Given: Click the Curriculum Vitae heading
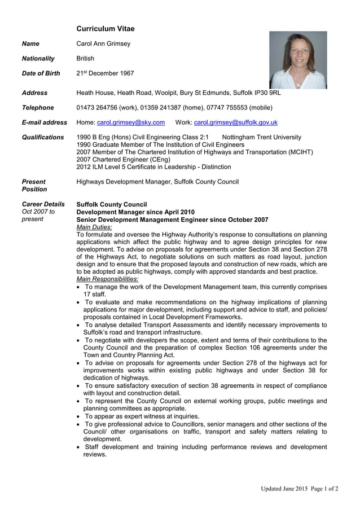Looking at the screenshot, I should [x=105, y=29].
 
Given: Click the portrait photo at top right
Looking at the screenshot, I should [x=298, y=60].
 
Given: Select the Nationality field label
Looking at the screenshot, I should [x=38, y=59].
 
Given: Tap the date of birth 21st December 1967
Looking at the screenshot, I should [x=105, y=73].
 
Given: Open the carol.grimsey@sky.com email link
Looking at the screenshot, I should [x=131, y=122].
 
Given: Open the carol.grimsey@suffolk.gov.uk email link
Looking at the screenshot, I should [x=235, y=122].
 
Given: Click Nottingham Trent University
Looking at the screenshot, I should [x=262, y=137].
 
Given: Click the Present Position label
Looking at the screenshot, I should [x=33, y=186].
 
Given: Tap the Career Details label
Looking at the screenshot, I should [x=43, y=204].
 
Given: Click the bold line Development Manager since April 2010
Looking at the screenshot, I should [x=135, y=212].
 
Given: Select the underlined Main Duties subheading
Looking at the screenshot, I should [x=94, y=227].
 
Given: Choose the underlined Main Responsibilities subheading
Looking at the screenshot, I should [x=107, y=279].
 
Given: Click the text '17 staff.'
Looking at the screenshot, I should [x=94, y=294].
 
